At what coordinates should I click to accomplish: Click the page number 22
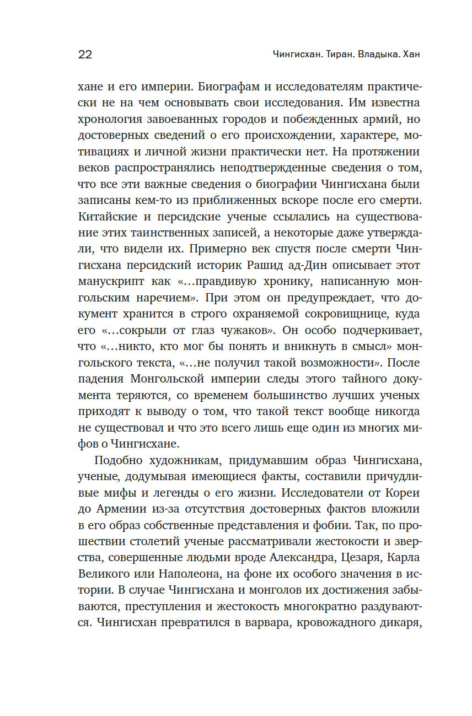pyautogui.click(x=85, y=54)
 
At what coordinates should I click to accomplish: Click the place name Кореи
pyautogui.click(x=406, y=492)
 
